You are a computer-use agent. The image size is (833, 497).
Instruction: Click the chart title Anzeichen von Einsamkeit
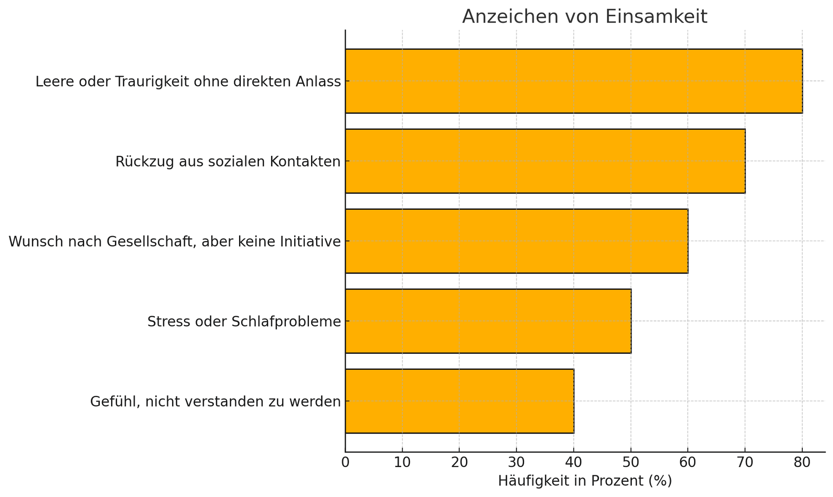pyautogui.click(x=584, y=17)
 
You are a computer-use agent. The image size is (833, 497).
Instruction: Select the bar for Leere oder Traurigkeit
pyautogui.click(x=574, y=81)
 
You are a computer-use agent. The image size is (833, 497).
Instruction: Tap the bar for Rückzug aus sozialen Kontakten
pyautogui.click(x=545, y=161)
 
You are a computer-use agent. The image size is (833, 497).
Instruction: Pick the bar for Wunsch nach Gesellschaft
pyautogui.click(x=516, y=241)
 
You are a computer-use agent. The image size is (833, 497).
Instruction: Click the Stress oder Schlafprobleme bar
pyautogui.click(x=488, y=321)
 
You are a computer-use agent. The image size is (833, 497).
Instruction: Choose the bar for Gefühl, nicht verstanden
pyautogui.click(x=459, y=401)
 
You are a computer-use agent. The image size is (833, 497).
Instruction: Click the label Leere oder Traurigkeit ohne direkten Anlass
pyautogui.click(x=188, y=82)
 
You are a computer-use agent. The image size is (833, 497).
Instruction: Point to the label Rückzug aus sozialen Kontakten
pyautogui.click(x=228, y=161)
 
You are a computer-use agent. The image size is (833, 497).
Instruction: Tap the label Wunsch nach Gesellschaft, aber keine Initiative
pyautogui.click(x=174, y=241)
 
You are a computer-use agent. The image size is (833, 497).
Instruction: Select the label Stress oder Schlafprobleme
pyautogui.click(x=244, y=322)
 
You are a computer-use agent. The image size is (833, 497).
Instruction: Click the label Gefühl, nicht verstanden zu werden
pyautogui.click(x=215, y=402)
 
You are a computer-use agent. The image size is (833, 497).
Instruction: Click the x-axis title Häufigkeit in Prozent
pyautogui.click(x=584, y=481)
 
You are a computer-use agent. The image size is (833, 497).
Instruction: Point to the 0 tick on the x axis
pyautogui.click(x=345, y=463)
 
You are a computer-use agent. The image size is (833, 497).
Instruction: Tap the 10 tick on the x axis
pyautogui.click(x=402, y=463)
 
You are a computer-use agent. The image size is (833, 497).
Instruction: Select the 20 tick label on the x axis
pyautogui.click(x=459, y=463)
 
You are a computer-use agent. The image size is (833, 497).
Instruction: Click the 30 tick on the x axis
pyautogui.click(x=516, y=463)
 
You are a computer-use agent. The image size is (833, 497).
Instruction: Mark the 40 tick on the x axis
pyautogui.click(x=574, y=463)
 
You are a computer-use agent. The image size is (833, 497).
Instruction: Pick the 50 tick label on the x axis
pyautogui.click(x=631, y=463)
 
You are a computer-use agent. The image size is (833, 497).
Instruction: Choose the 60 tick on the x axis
pyautogui.click(x=688, y=463)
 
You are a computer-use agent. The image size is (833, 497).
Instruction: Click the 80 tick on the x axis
pyautogui.click(x=802, y=463)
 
